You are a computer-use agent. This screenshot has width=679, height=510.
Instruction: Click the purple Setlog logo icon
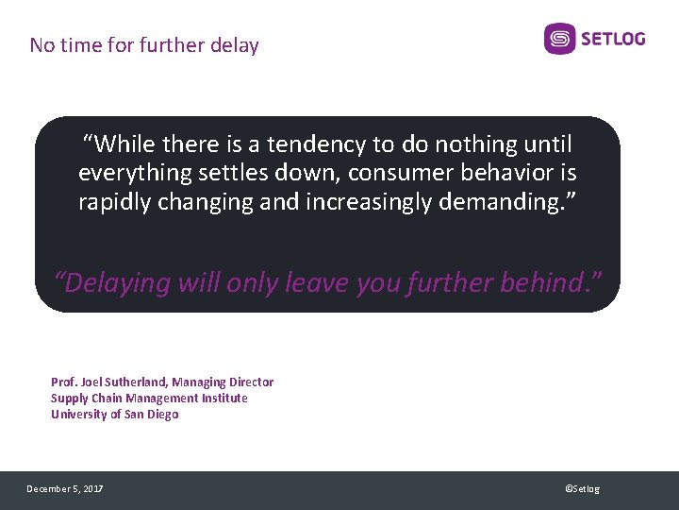pos(559,39)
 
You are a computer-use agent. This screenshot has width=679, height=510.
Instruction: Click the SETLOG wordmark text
pos(613,39)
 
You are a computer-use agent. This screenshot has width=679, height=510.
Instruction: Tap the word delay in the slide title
pos(236,45)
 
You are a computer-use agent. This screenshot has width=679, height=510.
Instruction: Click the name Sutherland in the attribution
pos(136,382)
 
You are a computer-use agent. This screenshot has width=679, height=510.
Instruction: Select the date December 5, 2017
pos(65,489)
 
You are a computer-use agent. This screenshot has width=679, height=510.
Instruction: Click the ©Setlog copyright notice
pos(582,489)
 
